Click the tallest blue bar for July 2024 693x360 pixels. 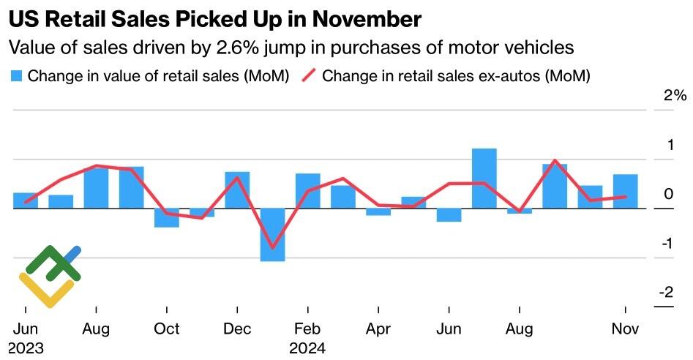tap(484, 179)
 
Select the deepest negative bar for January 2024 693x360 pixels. tap(272, 234)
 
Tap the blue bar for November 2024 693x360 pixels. tap(625, 191)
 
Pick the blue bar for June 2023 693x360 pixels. tap(25, 200)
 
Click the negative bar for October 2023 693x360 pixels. tap(166, 217)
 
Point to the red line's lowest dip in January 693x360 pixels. tap(273, 248)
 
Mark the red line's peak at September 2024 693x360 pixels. tap(555, 160)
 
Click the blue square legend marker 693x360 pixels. tap(16, 75)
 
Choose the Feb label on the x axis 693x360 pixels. tap(307, 329)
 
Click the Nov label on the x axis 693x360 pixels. tap(625, 329)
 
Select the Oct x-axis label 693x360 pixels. tap(166, 329)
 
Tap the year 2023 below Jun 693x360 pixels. tap(26, 348)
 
